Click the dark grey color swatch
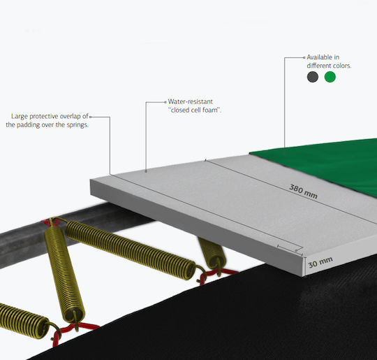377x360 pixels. pyautogui.click(x=313, y=77)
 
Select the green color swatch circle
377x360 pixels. pyautogui.click(x=330, y=77)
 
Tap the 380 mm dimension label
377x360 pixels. pyautogui.click(x=303, y=192)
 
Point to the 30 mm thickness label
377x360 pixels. pyautogui.click(x=320, y=262)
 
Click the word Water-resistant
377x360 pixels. pyautogui.click(x=190, y=101)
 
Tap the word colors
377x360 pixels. pyautogui.click(x=341, y=66)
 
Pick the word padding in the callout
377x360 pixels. pyautogui.click(x=28, y=125)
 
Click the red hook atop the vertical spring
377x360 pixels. pyautogui.click(x=50, y=222)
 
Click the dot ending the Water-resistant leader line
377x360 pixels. pyautogui.click(x=165, y=102)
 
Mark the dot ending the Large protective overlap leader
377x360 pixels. pyautogui.click(x=90, y=117)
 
